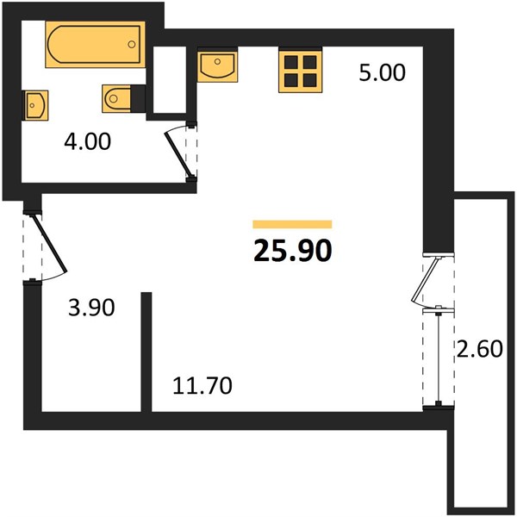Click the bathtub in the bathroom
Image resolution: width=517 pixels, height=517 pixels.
click(96, 44)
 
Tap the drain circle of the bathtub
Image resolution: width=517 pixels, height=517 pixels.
click(132, 44)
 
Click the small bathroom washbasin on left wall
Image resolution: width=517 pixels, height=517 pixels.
click(35, 105)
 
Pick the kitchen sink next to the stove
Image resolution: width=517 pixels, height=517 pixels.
click(218, 65)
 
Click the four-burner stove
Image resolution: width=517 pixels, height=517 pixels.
click(301, 71)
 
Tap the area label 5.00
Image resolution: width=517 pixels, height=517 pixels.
click(382, 73)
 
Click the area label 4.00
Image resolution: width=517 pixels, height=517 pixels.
click(87, 142)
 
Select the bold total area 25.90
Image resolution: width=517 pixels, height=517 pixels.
click(292, 251)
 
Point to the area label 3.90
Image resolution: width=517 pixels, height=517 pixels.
click(91, 308)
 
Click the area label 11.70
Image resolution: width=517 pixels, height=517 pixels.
click(202, 386)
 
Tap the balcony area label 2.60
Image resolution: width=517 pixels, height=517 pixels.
click(479, 349)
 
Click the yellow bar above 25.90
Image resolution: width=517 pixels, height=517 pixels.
click(292, 224)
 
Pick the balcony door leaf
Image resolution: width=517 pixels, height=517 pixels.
click(426, 279)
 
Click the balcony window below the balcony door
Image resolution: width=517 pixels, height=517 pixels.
click(439, 358)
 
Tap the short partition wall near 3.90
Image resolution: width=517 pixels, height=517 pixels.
click(146, 352)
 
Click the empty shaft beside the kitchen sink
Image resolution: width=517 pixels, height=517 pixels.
click(170, 80)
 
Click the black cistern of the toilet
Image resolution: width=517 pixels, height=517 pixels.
click(138, 98)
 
